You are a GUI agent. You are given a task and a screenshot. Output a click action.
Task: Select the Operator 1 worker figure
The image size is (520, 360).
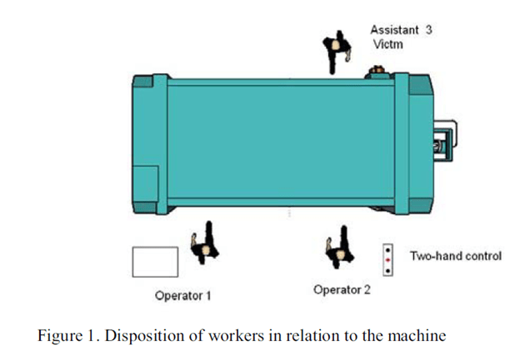pyautogui.click(x=203, y=245)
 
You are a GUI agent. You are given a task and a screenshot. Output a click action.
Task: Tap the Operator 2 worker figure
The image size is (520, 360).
pyautogui.click(x=337, y=247)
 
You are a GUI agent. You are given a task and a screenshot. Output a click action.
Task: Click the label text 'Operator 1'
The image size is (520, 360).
pyautogui.click(x=183, y=295)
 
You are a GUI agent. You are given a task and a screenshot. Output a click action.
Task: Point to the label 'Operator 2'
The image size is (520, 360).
pyautogui.click(x=342, y=289)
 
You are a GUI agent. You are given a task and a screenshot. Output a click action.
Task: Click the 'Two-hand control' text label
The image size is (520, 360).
pyautogui.click(x=456, y=255)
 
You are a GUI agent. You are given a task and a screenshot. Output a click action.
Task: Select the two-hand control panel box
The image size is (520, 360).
pyautogui.click(x=387, y=260)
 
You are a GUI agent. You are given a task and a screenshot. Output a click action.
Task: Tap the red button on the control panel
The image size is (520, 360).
pyautogui.click(x=387, y=260)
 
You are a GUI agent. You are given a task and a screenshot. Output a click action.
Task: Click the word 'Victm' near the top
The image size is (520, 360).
pyautogui.click(x=387, y=44)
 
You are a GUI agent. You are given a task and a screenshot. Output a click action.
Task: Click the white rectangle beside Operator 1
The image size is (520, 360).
pyautogui.click(x=155, y=261)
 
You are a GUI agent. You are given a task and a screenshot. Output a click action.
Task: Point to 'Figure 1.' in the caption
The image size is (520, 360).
pyautogui.click(x=64, y=337)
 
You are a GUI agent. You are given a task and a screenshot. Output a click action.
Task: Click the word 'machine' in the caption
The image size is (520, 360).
pyautogui.click(x=421, y=337)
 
